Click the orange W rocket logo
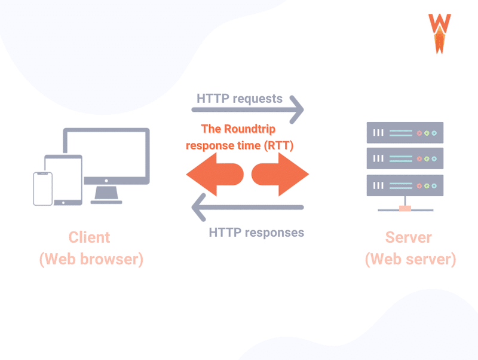pos(439,33)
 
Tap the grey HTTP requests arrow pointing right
pos(247,110)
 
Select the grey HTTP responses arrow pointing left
pos(247,208)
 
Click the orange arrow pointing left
pos(215,174)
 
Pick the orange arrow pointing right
pos(280,174)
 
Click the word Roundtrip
pos(250,129)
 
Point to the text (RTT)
pos(278,145)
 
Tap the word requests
pos(258,99)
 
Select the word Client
pos(89,237)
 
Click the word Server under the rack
pos(409,237)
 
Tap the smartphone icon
pos(42,189)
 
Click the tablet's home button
pos(63,203)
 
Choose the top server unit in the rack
pos(405,133)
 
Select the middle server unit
pos(405,158)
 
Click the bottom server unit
pos(405,185)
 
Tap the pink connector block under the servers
pos(405,209)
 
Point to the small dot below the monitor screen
pos(106,181)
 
